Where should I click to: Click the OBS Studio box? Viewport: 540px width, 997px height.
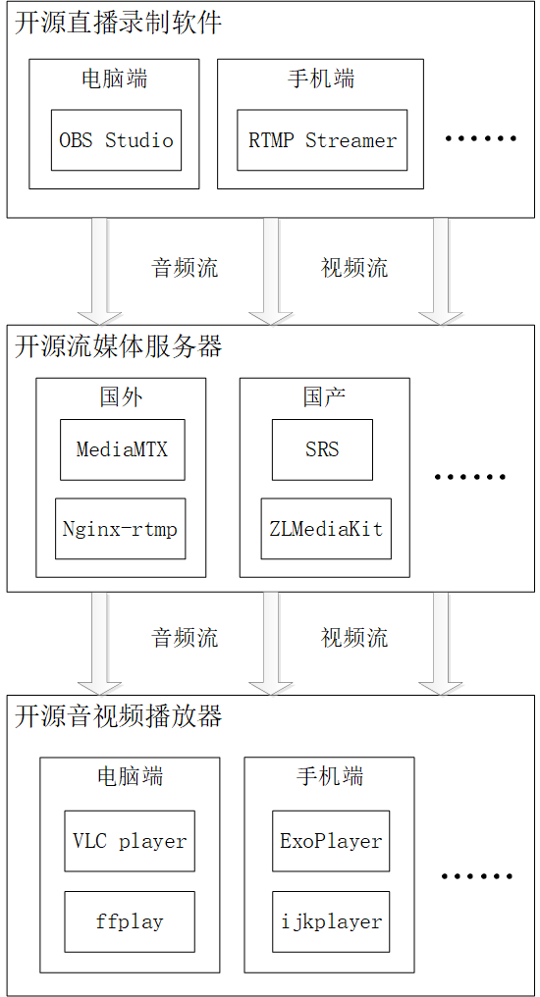click(116, 140)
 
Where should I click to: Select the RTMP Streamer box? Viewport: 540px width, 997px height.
click(322, 140)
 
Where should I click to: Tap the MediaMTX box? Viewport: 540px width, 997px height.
click(122, 449)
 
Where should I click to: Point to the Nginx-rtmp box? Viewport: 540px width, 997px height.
click(120, 529)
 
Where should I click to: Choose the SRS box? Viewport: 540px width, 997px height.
click(322, 449)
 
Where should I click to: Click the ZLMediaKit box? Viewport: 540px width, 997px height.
click(326, 529)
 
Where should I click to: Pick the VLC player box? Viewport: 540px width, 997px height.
click(130, 841)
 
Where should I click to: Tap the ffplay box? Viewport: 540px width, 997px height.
click(130, 921)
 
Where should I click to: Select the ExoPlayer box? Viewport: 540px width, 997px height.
click(331, 841)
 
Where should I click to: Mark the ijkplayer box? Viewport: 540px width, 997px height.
click(331, 921)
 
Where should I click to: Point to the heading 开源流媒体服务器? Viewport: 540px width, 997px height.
click(118, 346)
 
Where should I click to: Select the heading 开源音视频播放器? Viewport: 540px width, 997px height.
click(118, 716)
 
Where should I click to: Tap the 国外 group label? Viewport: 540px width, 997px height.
click(122, 396)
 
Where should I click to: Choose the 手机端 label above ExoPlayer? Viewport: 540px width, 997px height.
click(330, 777)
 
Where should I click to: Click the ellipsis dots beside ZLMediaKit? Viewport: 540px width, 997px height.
click(470, 478)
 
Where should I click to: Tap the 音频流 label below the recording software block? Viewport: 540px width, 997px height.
click(185, 268)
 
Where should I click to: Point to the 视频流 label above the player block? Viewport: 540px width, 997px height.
click(354, 638)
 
